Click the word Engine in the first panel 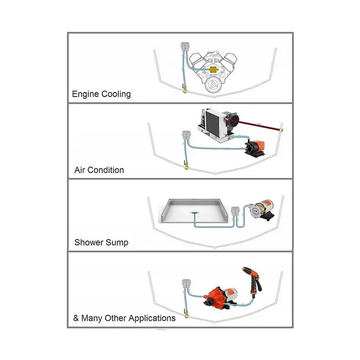pyautogui.click(x=86, y=94)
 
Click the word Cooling pyautogui.click(x=116, y=94)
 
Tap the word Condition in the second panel pyautogui.click(x=106, y=170)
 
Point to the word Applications pyautogui.click(x=152, y=319)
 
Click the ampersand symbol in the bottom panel pyautogui.click(x=76, y=318)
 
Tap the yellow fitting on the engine pyautogui.click(x=214, y=69)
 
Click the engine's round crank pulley pyautogui.click(x=213, y=85)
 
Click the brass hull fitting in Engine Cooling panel pyautogui.click(x=185, y=89)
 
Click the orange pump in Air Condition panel pyautogui.click(x=255, y=148)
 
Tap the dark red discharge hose pyautogui.click(x=259, y=125)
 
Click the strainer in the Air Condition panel pyautogui.click(x=186, y=136)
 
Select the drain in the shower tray pyautogui.click(x=194, y=213)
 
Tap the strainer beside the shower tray pyautogui.click(x=235, y=211)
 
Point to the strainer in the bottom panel pyautogui.click(x=186, y=284)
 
